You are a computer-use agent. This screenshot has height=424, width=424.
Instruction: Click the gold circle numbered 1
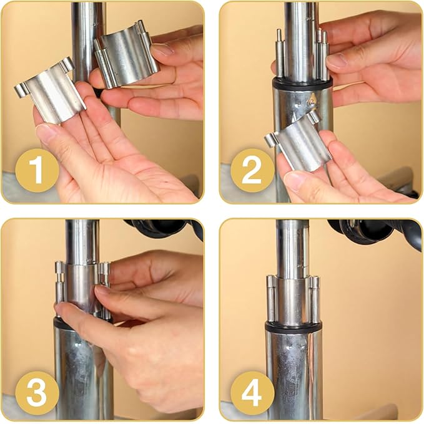coord(37,170)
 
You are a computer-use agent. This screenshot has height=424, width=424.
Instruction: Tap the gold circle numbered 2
coord(252,170)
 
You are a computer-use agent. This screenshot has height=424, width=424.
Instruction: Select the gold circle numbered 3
coord(37,393)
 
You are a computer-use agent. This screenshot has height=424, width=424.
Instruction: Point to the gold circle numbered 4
coord(252,393)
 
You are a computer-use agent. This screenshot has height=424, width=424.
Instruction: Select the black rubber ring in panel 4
coord(293,327)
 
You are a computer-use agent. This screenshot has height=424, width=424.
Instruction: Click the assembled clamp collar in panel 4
coord(293,300)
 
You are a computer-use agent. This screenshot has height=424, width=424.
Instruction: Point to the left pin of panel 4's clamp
coord(271,299)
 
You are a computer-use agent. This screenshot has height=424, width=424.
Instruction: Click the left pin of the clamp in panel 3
coord(59,289)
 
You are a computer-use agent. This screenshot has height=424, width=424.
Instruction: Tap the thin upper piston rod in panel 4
coord(293,249)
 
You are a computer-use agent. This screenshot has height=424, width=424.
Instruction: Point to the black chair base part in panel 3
coord(162,229)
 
